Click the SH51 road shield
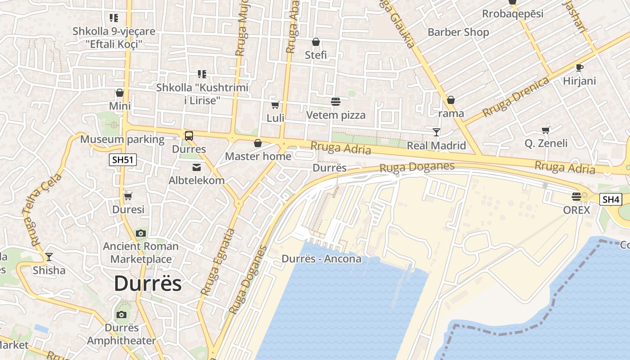122,160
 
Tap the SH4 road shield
611,199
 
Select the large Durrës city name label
148,283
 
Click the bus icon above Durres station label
189,135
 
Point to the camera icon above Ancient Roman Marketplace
141,233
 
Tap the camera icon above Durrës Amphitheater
121,315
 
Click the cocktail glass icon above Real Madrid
436,132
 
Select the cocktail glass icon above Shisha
49,257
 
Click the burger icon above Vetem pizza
335,102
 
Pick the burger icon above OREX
576,196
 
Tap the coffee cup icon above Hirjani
579,67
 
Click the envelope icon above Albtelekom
197,167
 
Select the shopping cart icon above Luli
275,105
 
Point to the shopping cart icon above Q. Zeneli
546,130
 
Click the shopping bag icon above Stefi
316,42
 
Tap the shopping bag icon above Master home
258,143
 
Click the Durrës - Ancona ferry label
321,259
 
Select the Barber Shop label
458,32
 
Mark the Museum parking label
122,139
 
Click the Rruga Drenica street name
516,97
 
